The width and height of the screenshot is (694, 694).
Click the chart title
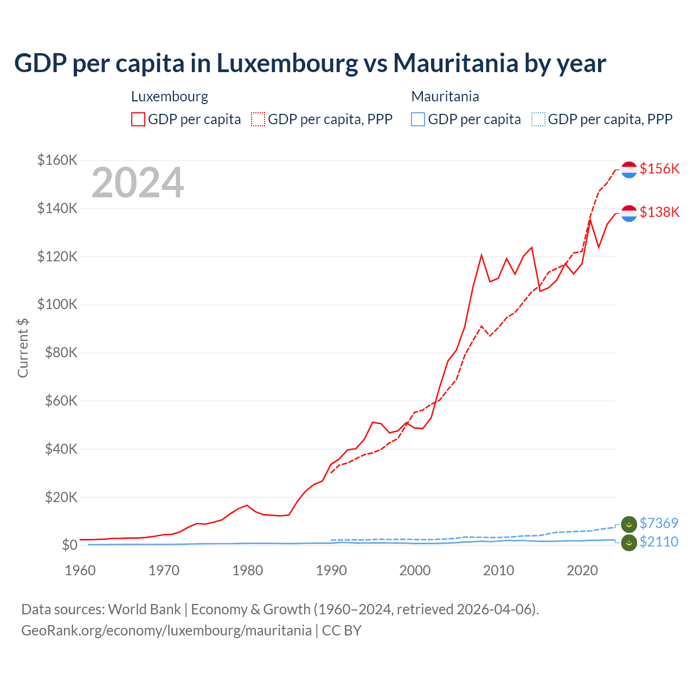point(310,63)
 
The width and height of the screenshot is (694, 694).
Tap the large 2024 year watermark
point(138,183)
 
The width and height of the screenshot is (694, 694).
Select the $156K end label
point(659,169)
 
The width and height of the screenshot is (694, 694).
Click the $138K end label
point(659,212)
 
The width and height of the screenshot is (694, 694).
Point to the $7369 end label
point(659,523)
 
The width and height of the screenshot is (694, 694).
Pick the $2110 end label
point(659,542)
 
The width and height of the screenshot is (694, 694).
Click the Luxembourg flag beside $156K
point(629,170)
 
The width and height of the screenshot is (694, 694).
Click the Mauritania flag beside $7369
point(629,524)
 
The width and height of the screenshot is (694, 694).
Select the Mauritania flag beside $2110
point(629,543)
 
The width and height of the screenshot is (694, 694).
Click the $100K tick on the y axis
point(57,304)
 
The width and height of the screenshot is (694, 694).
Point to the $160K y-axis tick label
point(57,160)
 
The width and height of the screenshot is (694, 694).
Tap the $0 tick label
point(69,545)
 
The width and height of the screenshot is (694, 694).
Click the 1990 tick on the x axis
point(331,570)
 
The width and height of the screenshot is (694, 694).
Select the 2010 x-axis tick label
point(499,570)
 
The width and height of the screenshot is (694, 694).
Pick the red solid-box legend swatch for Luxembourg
point(138,119)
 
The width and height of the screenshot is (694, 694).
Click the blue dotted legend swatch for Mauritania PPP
point(538,119)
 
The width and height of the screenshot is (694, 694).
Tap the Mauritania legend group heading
point(445,97)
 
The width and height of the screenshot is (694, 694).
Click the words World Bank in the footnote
point(144,609)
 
